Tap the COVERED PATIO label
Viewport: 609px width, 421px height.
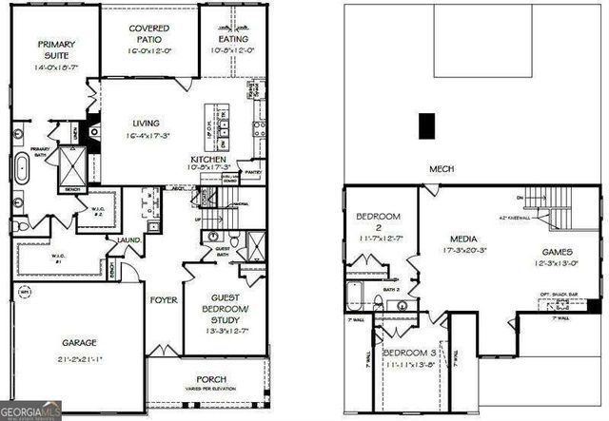tap(149, 34)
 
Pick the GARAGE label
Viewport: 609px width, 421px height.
tap(80, 342)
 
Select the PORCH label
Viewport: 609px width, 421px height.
tap(210, 379)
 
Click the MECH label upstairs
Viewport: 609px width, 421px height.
tap(441, 169)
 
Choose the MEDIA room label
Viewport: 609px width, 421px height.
tap(465, 239)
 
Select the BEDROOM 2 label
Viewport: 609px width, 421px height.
tap(378, 221)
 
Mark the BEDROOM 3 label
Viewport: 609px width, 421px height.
tap(410, 354)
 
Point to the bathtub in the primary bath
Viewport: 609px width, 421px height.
tap(23, 169)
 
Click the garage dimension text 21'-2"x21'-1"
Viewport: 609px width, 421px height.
tap(80, 359)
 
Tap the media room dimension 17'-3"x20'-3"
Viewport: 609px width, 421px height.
tap(465, 251)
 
